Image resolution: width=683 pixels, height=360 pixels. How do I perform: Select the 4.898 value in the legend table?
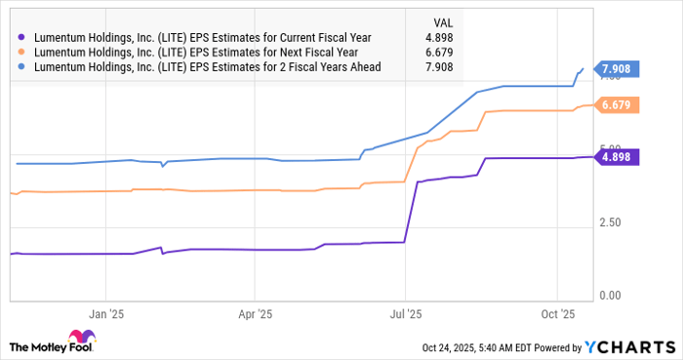point(426,35)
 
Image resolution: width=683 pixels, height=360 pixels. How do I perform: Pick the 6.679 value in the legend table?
point(426,51)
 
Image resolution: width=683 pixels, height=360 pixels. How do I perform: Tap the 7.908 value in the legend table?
point(426,66)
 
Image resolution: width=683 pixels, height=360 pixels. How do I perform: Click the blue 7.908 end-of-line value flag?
point(615,69)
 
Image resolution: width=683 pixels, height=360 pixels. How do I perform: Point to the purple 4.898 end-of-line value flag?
point(615,157)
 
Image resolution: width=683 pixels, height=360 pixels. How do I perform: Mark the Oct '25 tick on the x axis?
point(556,315)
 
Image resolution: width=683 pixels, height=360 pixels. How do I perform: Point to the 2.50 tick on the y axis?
point(613,224)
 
